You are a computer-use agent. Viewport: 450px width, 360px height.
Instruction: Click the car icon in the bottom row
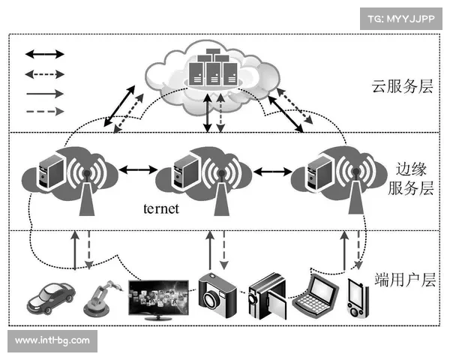coord(50,296)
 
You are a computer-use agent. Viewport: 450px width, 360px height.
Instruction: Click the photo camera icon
coord(217,293)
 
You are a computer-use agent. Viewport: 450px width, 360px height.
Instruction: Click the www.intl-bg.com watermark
coord(52,340)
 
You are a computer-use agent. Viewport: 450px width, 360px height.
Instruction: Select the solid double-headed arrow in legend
coord(46,54)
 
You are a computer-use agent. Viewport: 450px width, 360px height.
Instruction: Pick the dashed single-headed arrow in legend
coord(46,112)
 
